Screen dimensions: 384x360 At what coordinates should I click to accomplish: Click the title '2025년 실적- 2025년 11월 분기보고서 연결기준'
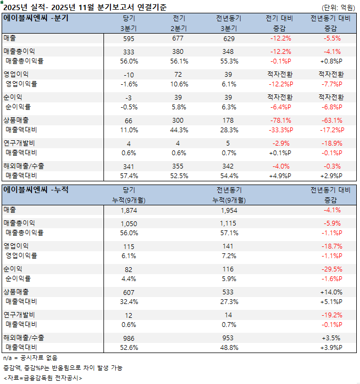[85, 7]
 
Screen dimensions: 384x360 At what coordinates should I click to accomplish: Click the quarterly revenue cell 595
[129, 38]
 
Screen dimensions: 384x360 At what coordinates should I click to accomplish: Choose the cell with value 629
[229, 38]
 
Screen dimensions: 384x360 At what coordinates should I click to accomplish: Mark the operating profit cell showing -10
[129, 75]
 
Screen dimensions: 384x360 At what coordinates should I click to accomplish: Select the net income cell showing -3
[129, 98]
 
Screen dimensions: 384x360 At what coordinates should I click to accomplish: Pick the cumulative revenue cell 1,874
[129, 210]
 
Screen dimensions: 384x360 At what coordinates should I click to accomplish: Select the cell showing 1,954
[229, 210]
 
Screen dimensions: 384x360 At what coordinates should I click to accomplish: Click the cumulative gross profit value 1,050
[129, 223]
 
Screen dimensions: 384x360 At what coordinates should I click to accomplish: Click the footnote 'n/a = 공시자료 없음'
[30, 358]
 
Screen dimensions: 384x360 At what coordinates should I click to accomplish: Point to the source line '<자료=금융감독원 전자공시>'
[43, 378]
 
